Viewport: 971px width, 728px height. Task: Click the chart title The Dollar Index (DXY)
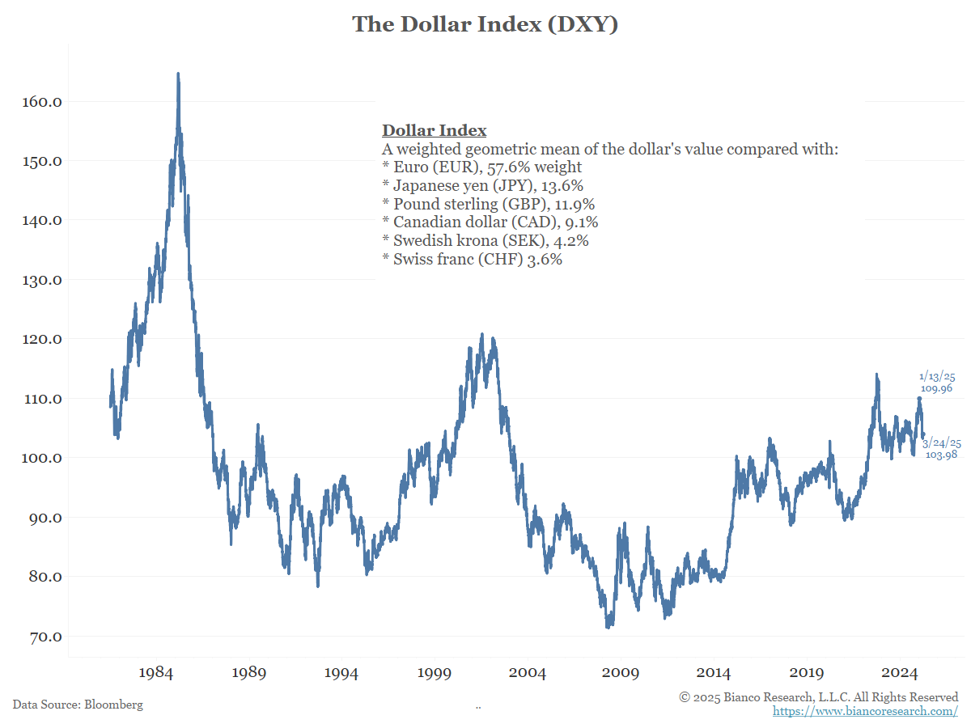click(485, 24)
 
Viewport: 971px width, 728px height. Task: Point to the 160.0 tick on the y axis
click(40, 102)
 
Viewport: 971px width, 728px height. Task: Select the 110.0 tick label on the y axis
click(40, 399)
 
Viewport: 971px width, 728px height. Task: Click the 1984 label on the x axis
click(155, 673)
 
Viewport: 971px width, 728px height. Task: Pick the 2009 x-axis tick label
click(621, 673)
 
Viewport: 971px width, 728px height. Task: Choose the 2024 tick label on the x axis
click(900, 673)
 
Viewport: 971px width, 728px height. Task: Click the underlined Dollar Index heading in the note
click(434, 131)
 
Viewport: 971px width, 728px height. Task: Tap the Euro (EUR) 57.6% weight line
click(481, 167)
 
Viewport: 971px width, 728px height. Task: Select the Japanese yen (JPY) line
click(482, 186)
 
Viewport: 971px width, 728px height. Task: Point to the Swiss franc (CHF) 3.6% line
click(472, 260)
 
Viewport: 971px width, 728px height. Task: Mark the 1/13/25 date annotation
click(936, 377)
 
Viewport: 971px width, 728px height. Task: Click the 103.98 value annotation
click(942, 455)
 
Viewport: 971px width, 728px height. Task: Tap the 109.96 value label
click(936, 389)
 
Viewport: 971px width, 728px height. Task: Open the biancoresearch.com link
click(865, 711)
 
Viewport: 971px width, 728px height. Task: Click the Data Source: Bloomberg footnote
click(78, 705)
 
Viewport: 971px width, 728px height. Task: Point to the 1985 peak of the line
click(178, 74)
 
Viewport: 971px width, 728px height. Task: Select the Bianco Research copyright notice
click(818, 697)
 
